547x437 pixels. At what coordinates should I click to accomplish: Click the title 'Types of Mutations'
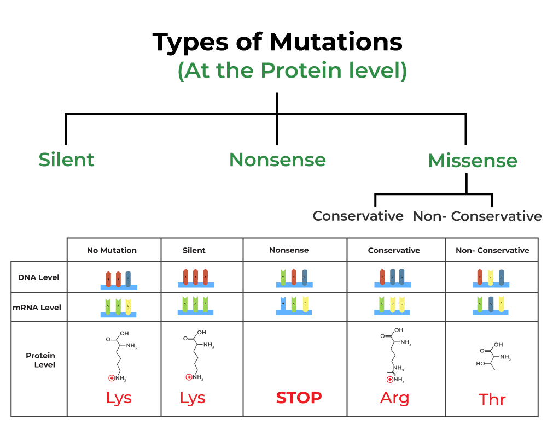277,42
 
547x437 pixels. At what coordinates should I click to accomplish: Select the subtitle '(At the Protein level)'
292,71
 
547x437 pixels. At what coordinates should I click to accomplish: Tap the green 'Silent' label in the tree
66,160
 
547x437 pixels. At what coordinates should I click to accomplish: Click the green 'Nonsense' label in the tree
277,160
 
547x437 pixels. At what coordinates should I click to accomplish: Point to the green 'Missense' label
473,161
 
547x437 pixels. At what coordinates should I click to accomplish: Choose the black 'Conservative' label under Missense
358,216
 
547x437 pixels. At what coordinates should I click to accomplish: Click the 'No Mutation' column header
112,250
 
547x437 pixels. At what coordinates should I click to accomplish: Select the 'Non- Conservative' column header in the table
492,250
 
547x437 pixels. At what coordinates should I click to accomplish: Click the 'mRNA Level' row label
37,308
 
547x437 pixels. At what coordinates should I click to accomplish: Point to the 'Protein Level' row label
40,360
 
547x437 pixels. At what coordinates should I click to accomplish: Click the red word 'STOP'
299,398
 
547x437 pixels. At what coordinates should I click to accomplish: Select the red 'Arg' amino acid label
394,398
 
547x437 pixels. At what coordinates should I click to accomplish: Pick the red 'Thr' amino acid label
492,399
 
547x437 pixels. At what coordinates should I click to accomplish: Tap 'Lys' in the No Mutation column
119,398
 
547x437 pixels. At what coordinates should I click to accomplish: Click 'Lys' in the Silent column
193,398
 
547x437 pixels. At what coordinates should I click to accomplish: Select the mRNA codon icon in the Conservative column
392,306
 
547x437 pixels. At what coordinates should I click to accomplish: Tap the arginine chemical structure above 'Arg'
394,355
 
